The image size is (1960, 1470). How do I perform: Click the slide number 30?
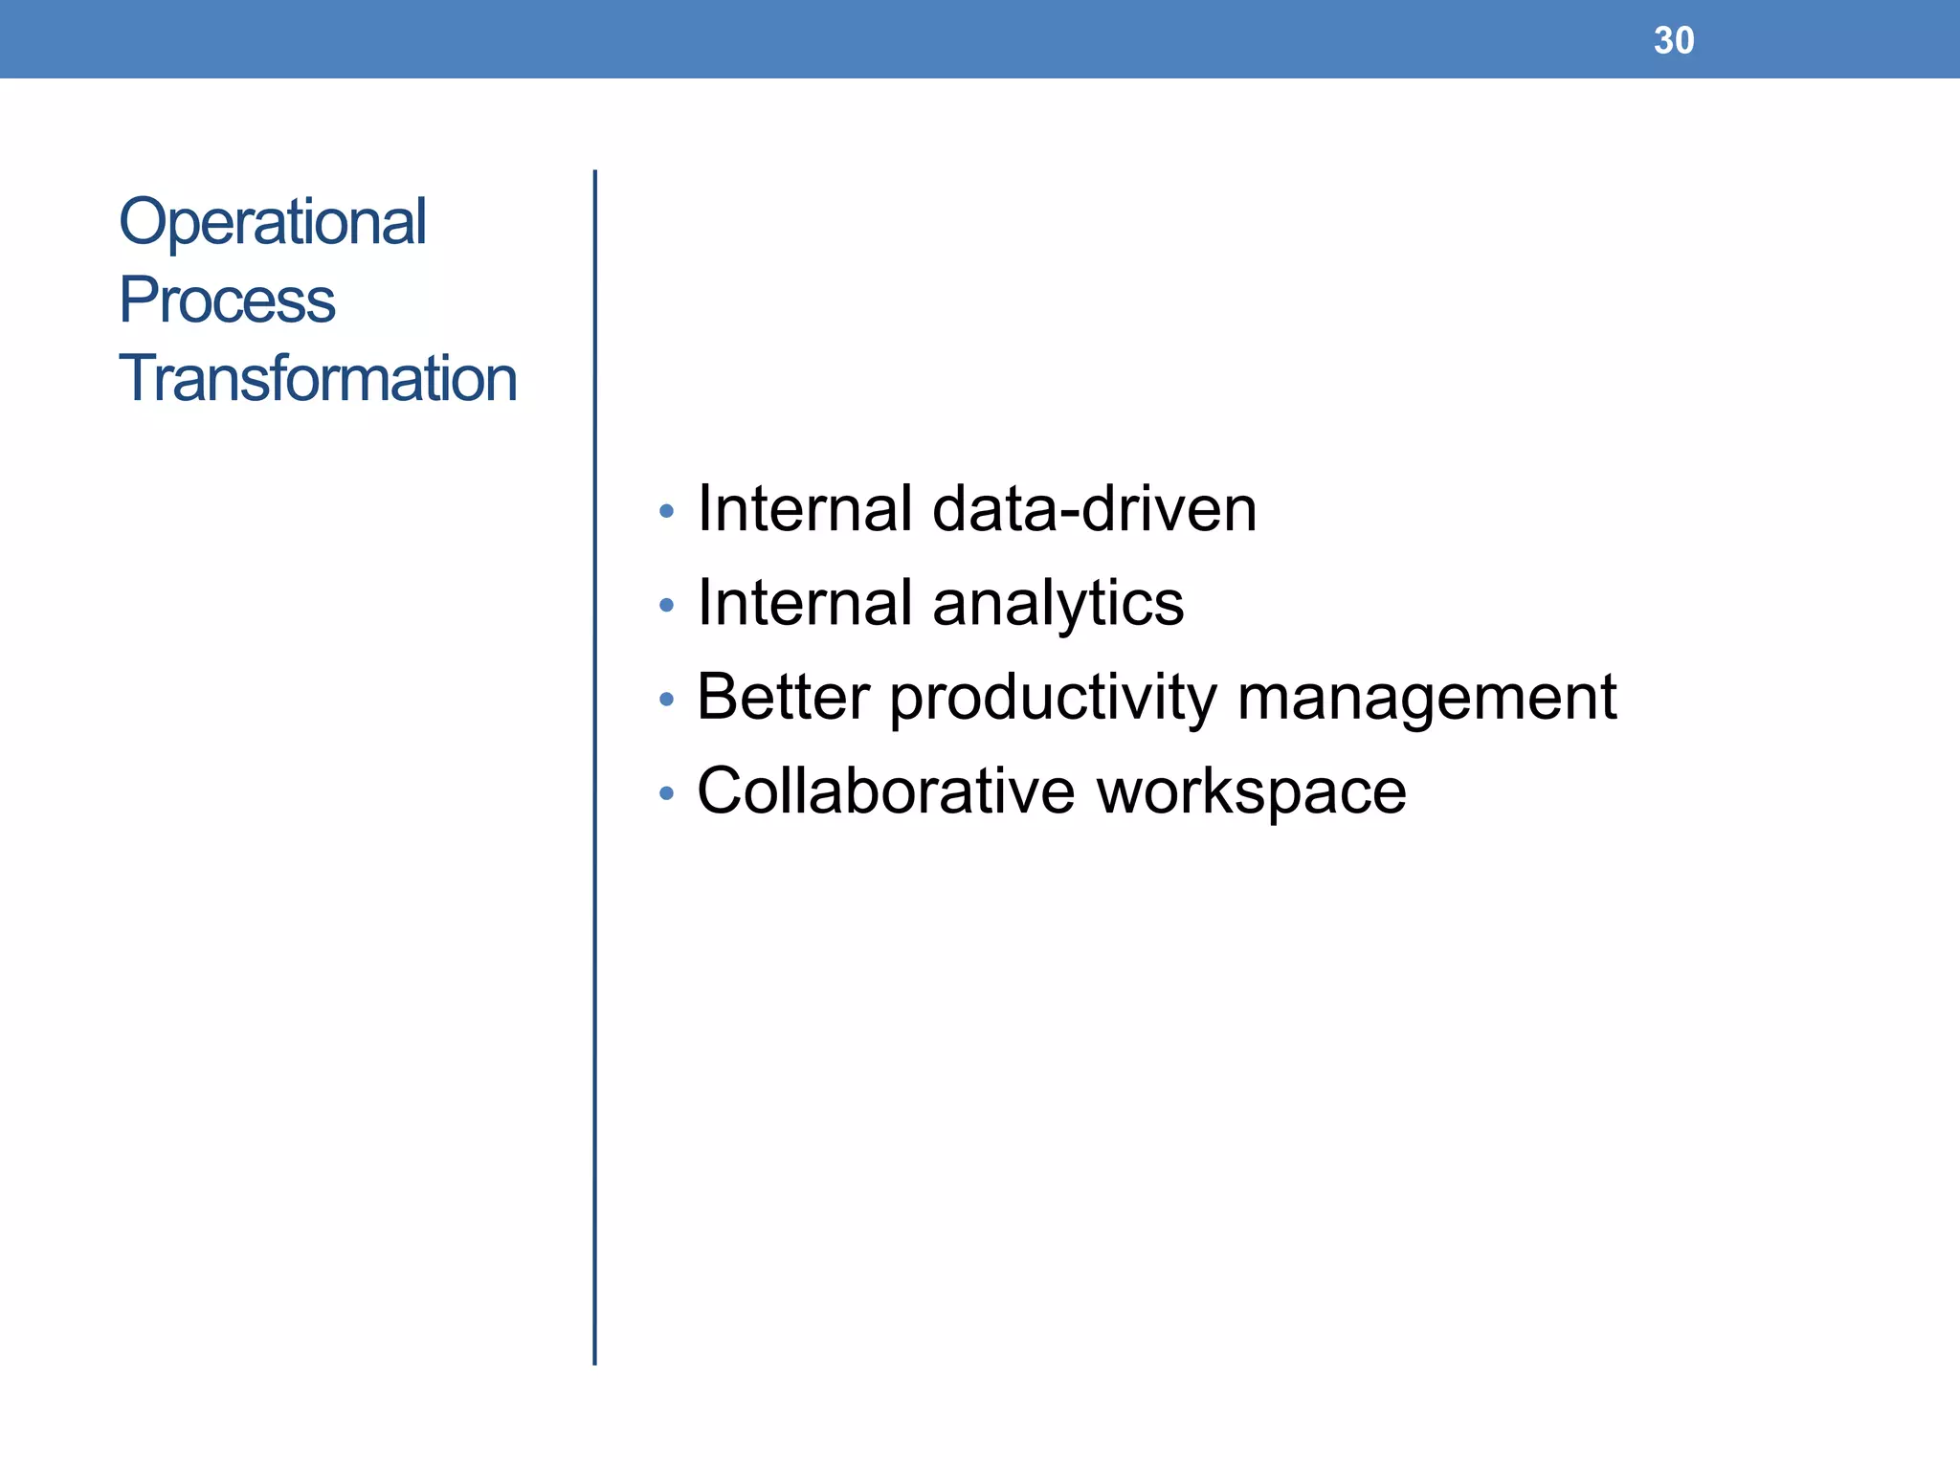pyautogui.click(x=1673, y=40)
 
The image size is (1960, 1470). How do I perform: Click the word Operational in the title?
pyautogui.click(x=272, y=221)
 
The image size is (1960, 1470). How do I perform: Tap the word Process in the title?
pyautogui.click(x=227, y=300)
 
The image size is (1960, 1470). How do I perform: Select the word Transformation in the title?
pyautogui.click(x=318, y=378)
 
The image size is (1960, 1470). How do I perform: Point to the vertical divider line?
pyautogui.click(x=594, y=766)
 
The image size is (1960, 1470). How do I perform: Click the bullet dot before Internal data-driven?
pyautogui.click(x=667, y=512)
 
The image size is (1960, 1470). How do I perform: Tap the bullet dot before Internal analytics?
pyautogui.click(x=667, y=606)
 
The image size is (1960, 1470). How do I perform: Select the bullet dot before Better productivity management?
pyautogui.click(x=667, y=700)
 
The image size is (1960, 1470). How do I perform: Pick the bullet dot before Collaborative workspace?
pyautogui.click(x=667, y=793)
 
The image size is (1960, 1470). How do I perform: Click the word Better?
pyautogui.click(x=783, y=696)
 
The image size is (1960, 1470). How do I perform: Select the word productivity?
pyautogui.click(x=1053, y=698)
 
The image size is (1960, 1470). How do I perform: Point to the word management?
pyautogui.click(x=1426, y=698)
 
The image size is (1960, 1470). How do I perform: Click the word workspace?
pyautogui.click(x=1251, y=792)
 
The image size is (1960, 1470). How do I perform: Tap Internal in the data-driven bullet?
pyautogui.click(x=804, y=508)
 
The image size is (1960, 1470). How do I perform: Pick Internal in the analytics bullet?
pyautogui.click(x=804, y=602)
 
